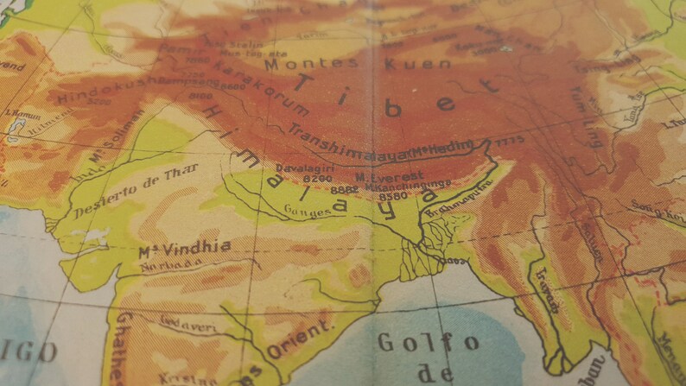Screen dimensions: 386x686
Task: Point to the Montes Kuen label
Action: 358,63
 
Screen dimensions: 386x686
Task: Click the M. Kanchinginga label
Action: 398,186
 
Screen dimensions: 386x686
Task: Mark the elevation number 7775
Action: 511,141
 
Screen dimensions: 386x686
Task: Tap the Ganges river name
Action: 312,209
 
